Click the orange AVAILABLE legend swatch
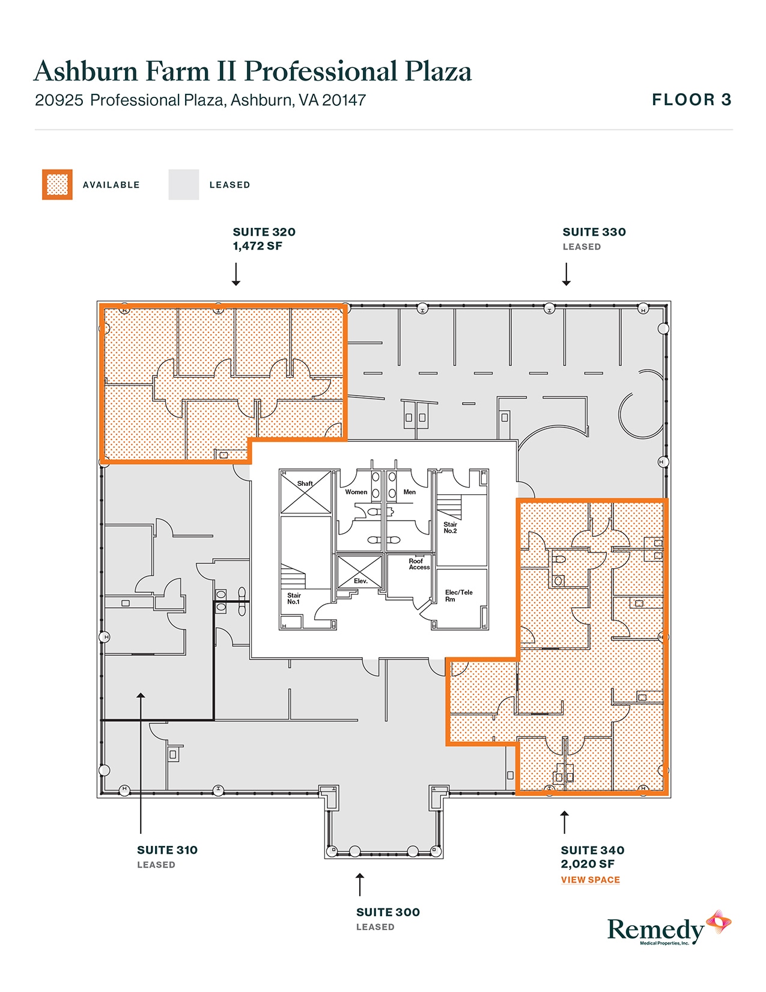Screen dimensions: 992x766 tap(57, 185)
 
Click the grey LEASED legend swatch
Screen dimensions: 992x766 tap(183, 185)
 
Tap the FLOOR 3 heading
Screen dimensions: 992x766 tap(692, 100)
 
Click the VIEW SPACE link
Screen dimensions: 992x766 tap(590, 880)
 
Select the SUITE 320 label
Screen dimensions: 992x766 tap(264, 232)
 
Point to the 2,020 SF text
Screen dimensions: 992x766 tap(587, 864)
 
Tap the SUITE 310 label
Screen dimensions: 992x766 tap(167, 850)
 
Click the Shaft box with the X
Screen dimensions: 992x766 tap(306, 492)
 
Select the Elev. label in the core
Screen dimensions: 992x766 tap(360, 581)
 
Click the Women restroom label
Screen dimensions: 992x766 tap(356, 492)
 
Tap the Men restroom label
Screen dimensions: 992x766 tap(409, 492)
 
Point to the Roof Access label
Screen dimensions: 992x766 tap(419, 564)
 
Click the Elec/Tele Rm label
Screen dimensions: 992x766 tap(458, 595)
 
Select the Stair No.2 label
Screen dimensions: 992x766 tap(450, 527)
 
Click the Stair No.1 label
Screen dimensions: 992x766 tap(293, 598)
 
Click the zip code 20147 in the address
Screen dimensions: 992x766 tap(344, 100)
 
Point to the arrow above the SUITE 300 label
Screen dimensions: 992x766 tap(359, 884)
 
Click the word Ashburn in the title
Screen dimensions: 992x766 tap(86, 71)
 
